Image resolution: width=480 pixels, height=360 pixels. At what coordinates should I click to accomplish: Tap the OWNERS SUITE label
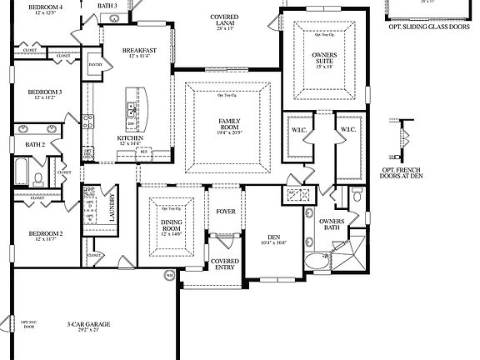[x=326, y=58]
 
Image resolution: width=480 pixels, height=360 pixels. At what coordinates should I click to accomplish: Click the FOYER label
[x=226, y=212]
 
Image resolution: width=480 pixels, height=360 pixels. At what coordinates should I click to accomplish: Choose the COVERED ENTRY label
[x=226, y=264]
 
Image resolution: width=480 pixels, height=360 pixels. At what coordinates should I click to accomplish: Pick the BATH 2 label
[x=34, y=144]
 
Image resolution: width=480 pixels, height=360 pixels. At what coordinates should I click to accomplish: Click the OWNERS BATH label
[x=332, y=224]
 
